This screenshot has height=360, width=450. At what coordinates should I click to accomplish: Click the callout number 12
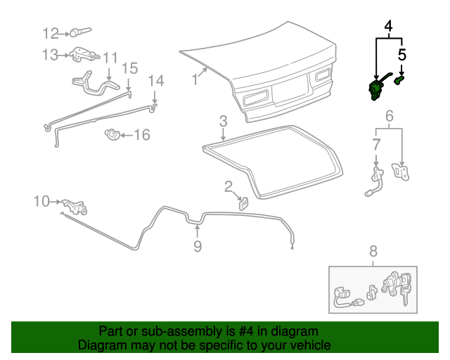[51, 33]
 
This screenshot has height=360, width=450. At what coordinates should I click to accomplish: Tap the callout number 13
[51, 54]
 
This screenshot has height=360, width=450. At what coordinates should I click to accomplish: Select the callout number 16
[142, 134]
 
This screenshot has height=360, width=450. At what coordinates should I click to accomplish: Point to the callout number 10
[42, 202]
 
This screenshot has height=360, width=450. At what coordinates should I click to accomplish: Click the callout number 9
[198, 246]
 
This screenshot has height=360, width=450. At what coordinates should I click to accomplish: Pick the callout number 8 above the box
[373, 251]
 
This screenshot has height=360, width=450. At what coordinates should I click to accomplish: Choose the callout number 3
[222, 121]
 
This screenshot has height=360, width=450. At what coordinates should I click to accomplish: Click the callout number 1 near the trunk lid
[195, 81]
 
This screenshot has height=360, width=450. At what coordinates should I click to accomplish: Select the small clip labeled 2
[243, 204]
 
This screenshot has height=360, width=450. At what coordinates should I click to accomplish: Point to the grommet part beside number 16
[110, 133]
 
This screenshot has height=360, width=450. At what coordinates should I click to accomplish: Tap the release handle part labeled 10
[73, 207]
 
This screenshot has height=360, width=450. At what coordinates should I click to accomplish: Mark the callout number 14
[156, 81]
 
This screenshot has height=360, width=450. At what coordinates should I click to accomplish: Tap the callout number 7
[376, 144]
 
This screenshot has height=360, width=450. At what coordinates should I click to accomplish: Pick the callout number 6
[389, 116]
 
